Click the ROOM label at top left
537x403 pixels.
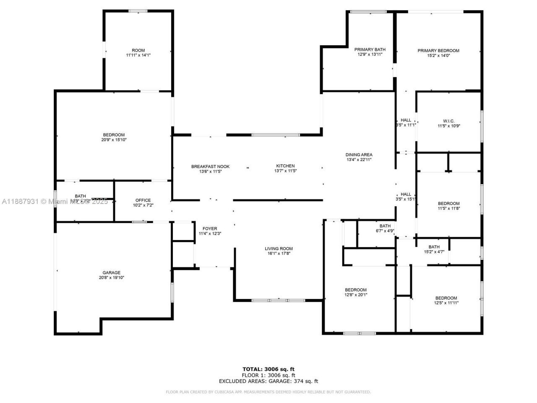[138, 50]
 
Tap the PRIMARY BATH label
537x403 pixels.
[370, 50]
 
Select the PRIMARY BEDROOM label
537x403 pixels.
[438, 51]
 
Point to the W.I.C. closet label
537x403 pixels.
[448, 120]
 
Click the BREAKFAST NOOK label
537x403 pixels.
[210, 167]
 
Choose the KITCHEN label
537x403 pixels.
[285, 166]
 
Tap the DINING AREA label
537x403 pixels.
[359, 154]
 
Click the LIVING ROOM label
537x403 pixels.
[279, 249]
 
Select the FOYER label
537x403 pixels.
[210, 229]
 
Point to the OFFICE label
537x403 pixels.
[143, 200]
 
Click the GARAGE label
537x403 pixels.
[112, 272]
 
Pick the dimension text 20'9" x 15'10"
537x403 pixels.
[114, 140]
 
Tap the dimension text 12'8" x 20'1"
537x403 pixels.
[356, 295]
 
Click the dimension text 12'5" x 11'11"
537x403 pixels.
[446, 303]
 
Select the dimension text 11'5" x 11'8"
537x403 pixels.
[448, 208]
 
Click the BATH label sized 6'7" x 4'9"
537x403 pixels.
[385, 226]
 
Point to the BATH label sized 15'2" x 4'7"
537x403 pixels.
[434, 247]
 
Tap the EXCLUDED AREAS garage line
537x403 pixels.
[268, 381]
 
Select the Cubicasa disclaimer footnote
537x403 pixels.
[268, 392]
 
